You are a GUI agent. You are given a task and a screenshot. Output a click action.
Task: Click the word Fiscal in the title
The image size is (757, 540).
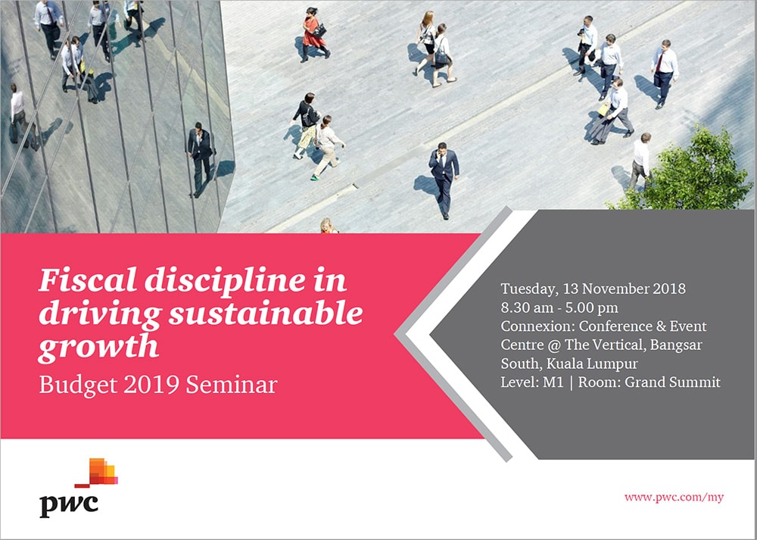coord(87,279)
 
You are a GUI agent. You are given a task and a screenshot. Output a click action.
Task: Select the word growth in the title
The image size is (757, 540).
coord(98,347)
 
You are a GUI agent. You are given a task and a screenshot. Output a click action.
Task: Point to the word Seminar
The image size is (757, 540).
coord(231,385)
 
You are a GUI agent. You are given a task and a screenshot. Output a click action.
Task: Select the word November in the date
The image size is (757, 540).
coord(615,289)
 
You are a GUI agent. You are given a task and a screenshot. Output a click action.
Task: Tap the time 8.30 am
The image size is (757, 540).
coord(527,307)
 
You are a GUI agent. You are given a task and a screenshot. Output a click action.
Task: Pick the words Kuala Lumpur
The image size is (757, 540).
coord(599,364)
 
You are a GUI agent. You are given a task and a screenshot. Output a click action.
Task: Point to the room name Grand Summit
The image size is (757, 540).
coord(672,382)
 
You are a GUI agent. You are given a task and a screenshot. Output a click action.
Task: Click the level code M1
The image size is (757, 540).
coord(553,382)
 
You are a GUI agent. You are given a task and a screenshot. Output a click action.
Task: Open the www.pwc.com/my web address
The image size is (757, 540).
coord(674,498)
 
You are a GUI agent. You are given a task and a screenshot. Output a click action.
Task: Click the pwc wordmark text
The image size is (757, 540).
coord(69,505)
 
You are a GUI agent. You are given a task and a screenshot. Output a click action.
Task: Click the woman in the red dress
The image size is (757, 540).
coord(315,35)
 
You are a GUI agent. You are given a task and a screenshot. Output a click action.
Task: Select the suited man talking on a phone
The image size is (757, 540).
coord(443,179)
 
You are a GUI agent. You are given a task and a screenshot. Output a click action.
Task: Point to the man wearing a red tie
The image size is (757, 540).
coord(664,73)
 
